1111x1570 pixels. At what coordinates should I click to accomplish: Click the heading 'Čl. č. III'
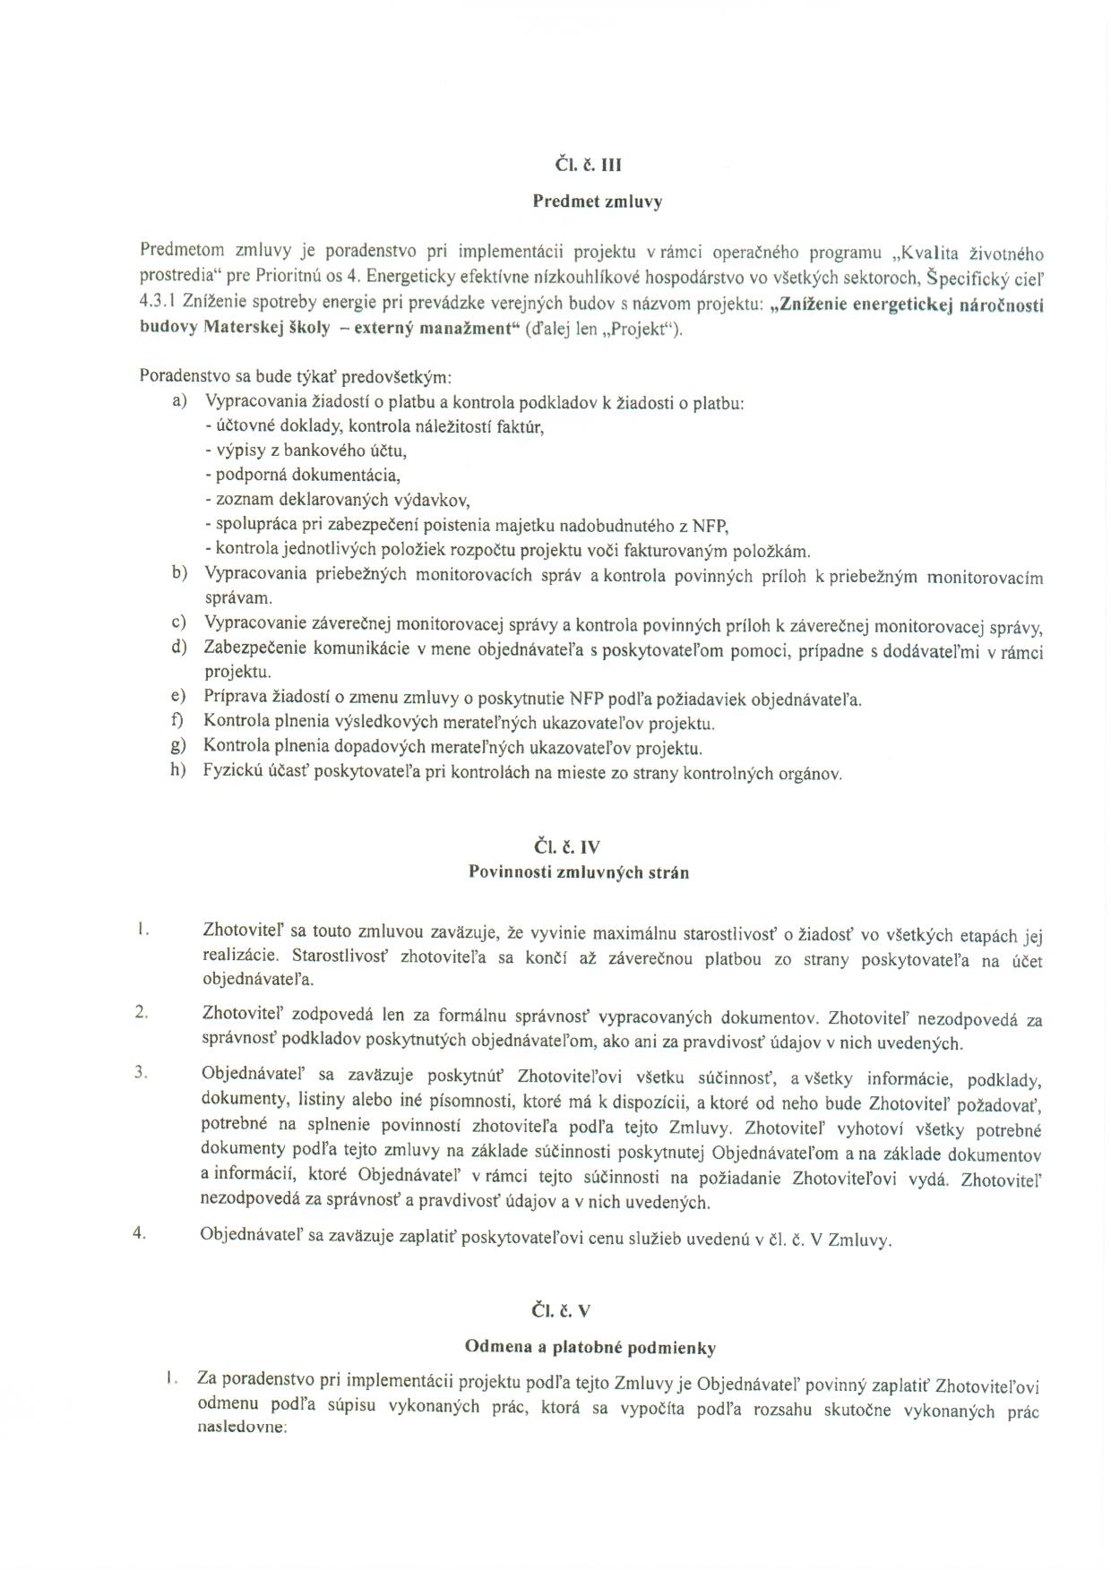[588, 165]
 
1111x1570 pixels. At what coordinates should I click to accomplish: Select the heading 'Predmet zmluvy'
[597, 202]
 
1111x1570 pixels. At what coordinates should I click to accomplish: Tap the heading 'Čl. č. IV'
[568, 846]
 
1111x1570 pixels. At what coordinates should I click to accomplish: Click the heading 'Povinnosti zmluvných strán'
[579, 871]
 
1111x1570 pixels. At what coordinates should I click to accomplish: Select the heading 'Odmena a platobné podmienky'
[590, 1347]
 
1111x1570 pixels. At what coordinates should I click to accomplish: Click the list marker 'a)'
[179, 400]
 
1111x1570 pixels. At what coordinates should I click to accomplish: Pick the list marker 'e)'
[178, 696]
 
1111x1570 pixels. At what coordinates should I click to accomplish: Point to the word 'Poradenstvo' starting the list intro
[183, 375]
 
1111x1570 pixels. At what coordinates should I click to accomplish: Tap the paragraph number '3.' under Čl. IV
[141, 1071]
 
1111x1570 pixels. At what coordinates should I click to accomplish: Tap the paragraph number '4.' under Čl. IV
[140, 1232]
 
